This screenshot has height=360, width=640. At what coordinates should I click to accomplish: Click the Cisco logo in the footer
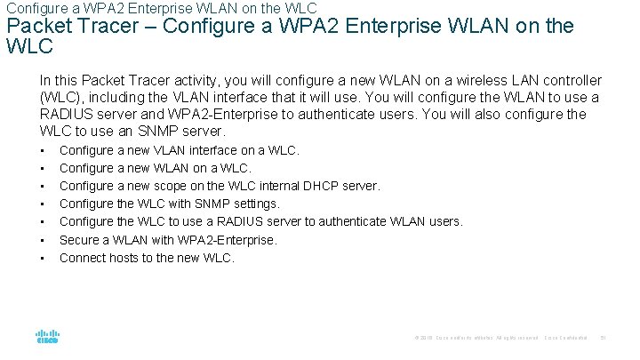tap(47, 337)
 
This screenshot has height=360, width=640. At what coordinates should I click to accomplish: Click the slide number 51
tap(602, 338)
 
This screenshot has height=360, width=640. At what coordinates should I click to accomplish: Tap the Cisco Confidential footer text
tap(565, 338)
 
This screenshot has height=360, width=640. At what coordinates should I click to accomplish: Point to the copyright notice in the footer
tap(476, 338)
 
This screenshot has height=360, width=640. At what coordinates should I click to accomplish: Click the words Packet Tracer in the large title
tap(63, 25)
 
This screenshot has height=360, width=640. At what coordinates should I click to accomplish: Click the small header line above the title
tap(161, 8)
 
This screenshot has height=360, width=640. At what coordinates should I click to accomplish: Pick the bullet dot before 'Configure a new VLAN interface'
tap(42, 151)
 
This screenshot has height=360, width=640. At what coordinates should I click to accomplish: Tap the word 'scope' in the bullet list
tap(172, 187)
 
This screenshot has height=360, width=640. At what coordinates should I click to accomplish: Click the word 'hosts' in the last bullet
tap(124, 258)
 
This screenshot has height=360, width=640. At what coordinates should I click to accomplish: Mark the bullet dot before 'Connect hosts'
tap(42, 258)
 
